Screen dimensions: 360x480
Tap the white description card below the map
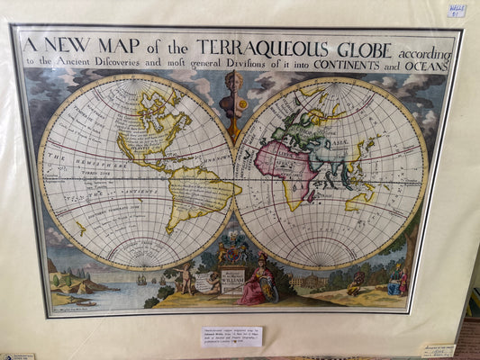click(231, 337)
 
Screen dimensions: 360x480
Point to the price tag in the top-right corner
click(457, 11)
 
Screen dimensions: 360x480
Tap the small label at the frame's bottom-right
click(437, 350)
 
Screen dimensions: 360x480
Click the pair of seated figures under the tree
click(396, 283)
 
